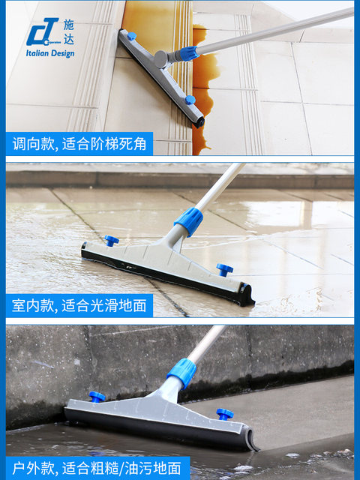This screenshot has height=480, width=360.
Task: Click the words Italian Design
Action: (50, 54)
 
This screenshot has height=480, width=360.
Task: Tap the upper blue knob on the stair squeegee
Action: (132, 35)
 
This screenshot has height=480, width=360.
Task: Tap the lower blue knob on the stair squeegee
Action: (190, 99)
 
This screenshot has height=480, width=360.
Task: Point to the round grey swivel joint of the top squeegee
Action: (160, 59)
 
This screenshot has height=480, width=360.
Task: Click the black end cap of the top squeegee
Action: (199, 121)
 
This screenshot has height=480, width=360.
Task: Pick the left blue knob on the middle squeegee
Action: (112, 241)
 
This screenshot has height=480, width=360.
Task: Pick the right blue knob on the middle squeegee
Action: (224, 268)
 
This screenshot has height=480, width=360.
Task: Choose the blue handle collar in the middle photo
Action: (189, 221)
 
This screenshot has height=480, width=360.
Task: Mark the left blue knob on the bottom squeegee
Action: (97, 397)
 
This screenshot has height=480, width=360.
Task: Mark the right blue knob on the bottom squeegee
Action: (224, 413)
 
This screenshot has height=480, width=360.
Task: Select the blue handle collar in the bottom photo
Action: (181, 373)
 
